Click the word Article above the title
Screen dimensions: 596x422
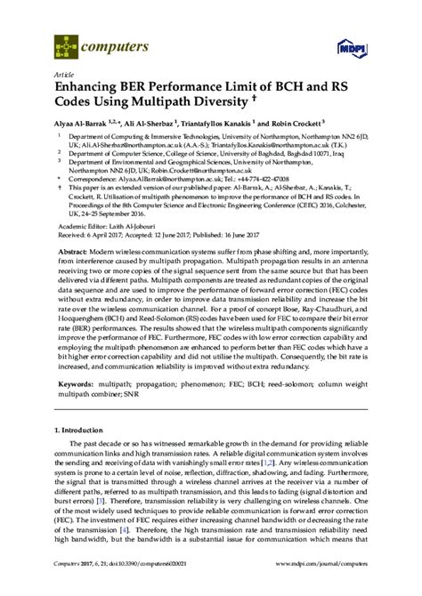click(x=64, y=74)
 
